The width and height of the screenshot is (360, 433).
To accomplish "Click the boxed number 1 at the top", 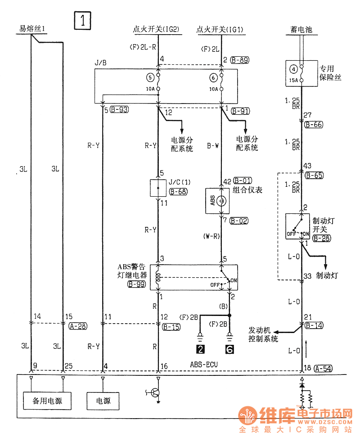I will (83, 21).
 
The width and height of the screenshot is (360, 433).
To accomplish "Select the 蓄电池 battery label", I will (301, 30).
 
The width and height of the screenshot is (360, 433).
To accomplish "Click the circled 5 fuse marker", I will (149, 77).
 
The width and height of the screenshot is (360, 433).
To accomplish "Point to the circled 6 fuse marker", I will (213, 77).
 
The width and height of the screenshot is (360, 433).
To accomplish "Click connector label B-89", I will (239, 59).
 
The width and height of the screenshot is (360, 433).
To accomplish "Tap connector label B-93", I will (119, 109).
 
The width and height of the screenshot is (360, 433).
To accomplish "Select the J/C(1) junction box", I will (158, 187).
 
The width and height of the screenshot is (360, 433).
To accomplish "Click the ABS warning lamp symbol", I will (221, 201).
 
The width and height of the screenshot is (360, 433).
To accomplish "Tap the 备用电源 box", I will (47, 400).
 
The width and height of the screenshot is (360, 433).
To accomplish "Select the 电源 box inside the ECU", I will (103, 400).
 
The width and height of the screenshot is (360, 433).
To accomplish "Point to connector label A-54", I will (324, 368).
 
